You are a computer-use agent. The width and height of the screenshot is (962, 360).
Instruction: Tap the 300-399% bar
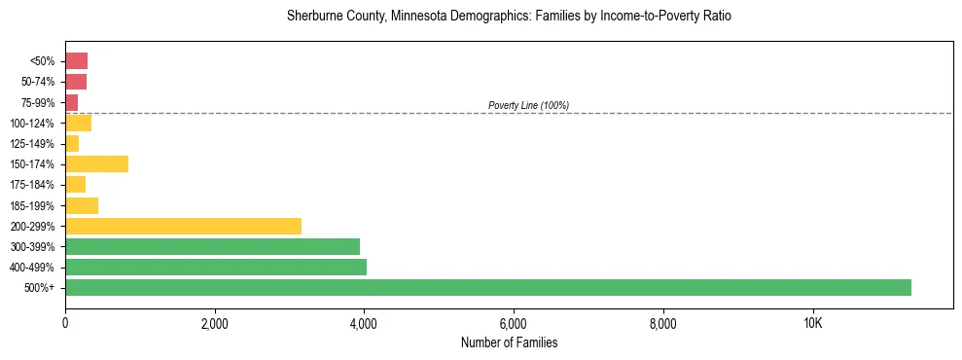tap(212, 246)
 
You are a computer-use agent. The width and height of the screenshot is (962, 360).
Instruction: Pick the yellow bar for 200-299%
tap(183, 226)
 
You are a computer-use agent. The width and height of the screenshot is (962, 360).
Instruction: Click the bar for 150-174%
tap(96, 163)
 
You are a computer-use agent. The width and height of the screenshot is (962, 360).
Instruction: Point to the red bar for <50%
tap(76, 60)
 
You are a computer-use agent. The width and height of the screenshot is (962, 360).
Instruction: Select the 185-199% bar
tap(82, 205)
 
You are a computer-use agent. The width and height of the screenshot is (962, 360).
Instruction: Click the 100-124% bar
tap(78, 123)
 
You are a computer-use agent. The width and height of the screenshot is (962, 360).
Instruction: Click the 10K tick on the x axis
tap(812, 324)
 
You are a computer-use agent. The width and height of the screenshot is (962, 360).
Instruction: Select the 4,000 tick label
tap(364, 324)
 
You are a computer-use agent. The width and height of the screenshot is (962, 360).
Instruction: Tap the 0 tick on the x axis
tap(65, 324)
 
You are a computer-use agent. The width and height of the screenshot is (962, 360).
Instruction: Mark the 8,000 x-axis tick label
tap(662, 324)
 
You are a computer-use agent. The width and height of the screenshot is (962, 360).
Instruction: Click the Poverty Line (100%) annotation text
tap(528, 105)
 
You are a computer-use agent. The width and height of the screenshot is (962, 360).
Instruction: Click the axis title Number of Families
tap(509, 342)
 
